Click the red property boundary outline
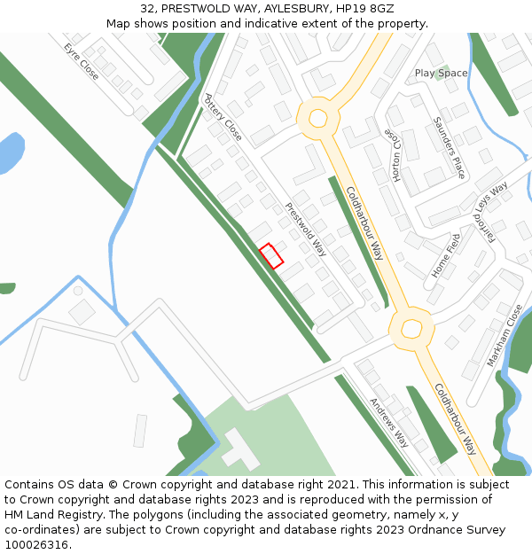(x=271, y=256)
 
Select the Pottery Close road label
(x=223, y=118)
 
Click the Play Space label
(x=441, y=73)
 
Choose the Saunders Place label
(x=449, y=147)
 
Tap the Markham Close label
(x=505, y=336)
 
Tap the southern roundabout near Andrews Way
(x=411, y=329)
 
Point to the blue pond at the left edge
(x=10, y=153)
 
